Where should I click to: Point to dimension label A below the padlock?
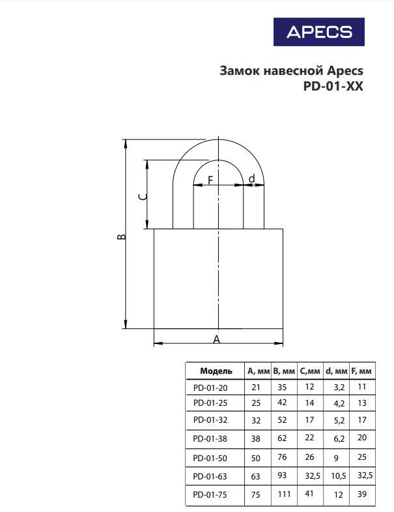[217, 339]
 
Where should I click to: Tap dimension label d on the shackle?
[252, 178]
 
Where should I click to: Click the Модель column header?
[216, 371]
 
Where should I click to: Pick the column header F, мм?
[361, 371]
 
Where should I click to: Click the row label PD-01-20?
[212, 387]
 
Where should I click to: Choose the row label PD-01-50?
[212, 458]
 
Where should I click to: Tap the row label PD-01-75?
[212, 494]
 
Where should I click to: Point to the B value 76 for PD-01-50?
[283, 457]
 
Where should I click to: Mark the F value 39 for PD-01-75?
[361, 494]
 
